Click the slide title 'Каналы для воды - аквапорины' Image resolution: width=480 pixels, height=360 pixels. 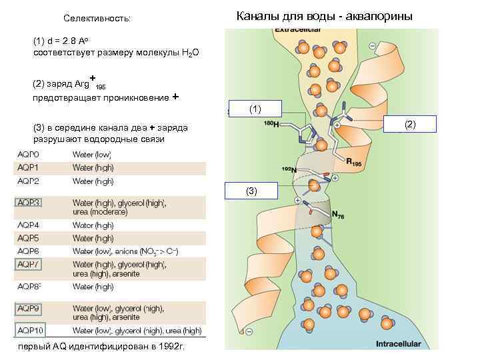324,16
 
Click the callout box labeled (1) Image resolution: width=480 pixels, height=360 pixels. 255,108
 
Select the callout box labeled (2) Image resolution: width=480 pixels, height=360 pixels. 410,124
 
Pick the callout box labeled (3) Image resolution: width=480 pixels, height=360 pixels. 251,191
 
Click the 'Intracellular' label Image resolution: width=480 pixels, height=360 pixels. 398,344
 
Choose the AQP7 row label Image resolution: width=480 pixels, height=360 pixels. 29,265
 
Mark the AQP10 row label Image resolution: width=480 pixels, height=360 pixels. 30,330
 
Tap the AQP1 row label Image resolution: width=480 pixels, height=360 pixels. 29,167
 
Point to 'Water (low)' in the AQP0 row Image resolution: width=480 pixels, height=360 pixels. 93,155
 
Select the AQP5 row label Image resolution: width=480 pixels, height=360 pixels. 29,238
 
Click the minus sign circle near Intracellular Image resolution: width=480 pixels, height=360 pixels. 249,332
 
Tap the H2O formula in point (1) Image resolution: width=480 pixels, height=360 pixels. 189,53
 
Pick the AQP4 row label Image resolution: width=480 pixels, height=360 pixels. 29,225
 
